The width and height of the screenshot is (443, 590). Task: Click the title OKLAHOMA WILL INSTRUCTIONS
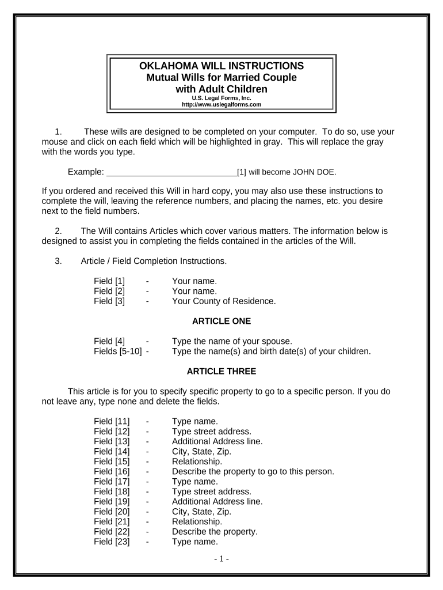point(221,66)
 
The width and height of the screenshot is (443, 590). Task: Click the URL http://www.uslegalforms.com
point(221,104)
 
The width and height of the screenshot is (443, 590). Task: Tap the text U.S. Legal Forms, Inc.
point(221,98)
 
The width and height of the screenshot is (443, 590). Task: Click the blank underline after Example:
point(172,172)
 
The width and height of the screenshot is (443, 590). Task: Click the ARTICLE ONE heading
point(221,321)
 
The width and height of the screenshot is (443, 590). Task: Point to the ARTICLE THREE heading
point(221,371)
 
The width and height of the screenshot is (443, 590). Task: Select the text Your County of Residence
point(224,301)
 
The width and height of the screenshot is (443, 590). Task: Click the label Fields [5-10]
point(117,351)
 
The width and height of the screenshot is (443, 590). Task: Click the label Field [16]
point(112,471)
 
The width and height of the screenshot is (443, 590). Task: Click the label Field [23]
point(112,542)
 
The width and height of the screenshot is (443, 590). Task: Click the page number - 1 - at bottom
point(221,558)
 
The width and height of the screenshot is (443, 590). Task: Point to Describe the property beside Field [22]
point(215,532)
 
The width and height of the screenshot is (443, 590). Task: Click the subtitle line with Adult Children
point(221,89)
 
